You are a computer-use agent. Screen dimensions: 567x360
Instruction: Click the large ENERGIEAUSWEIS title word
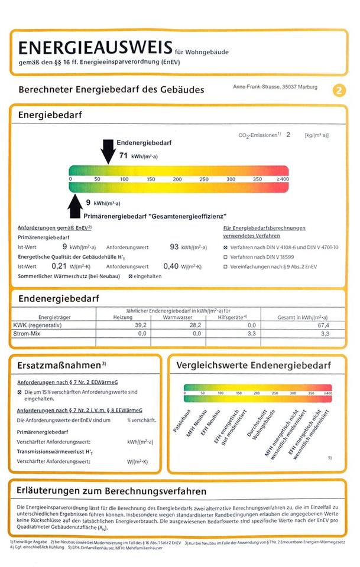click(95, 48)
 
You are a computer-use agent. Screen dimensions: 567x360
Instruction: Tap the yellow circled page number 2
click(339, 90)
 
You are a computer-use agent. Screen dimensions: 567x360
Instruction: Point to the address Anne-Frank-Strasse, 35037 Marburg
click(275, 87)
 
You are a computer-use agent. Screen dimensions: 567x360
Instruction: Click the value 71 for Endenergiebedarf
click(124, 156)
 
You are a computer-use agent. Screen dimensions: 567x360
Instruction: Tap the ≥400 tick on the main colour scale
click(282, 179)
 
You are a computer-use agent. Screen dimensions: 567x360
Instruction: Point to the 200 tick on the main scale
click(177, 179)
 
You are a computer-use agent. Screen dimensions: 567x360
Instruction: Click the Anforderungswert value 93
click(174, 246)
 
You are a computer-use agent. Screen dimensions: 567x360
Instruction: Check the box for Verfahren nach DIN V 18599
click(225, 257)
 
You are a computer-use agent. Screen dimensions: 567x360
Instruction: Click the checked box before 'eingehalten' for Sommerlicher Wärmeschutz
click(131, 276)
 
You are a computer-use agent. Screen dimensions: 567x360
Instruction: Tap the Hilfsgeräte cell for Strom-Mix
click(251, 334)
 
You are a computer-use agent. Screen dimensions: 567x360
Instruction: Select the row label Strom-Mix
click(30, 334)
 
